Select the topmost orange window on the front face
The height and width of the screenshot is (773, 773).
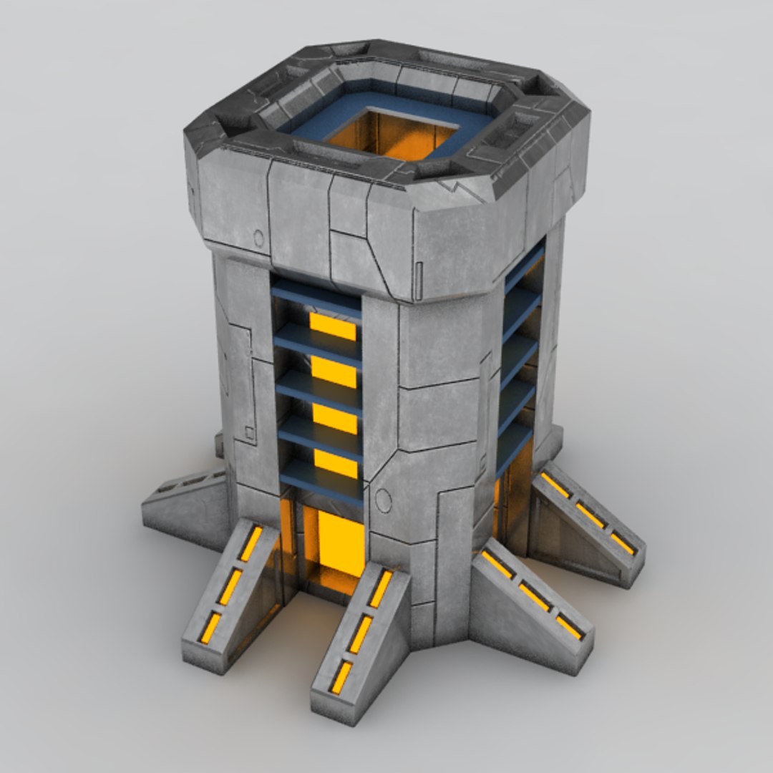click(x=332, y=326)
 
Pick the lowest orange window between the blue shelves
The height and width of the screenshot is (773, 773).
click(x=335, y=464)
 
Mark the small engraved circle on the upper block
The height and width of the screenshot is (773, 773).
click(x=258, y=238)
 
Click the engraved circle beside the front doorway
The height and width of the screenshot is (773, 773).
click(x=384, y=501)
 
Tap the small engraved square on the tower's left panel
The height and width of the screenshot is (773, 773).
click(x=249, y=432)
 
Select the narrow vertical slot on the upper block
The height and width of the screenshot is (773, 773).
click(x=419, y=272)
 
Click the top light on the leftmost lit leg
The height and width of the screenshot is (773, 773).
click(x=251, y=544)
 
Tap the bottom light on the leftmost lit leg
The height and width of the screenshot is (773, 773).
click(x=210, y=628)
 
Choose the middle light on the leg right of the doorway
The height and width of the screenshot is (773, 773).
click(x=361, y=633)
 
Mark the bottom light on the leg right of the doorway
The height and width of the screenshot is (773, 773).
click(x=341, y=677)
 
